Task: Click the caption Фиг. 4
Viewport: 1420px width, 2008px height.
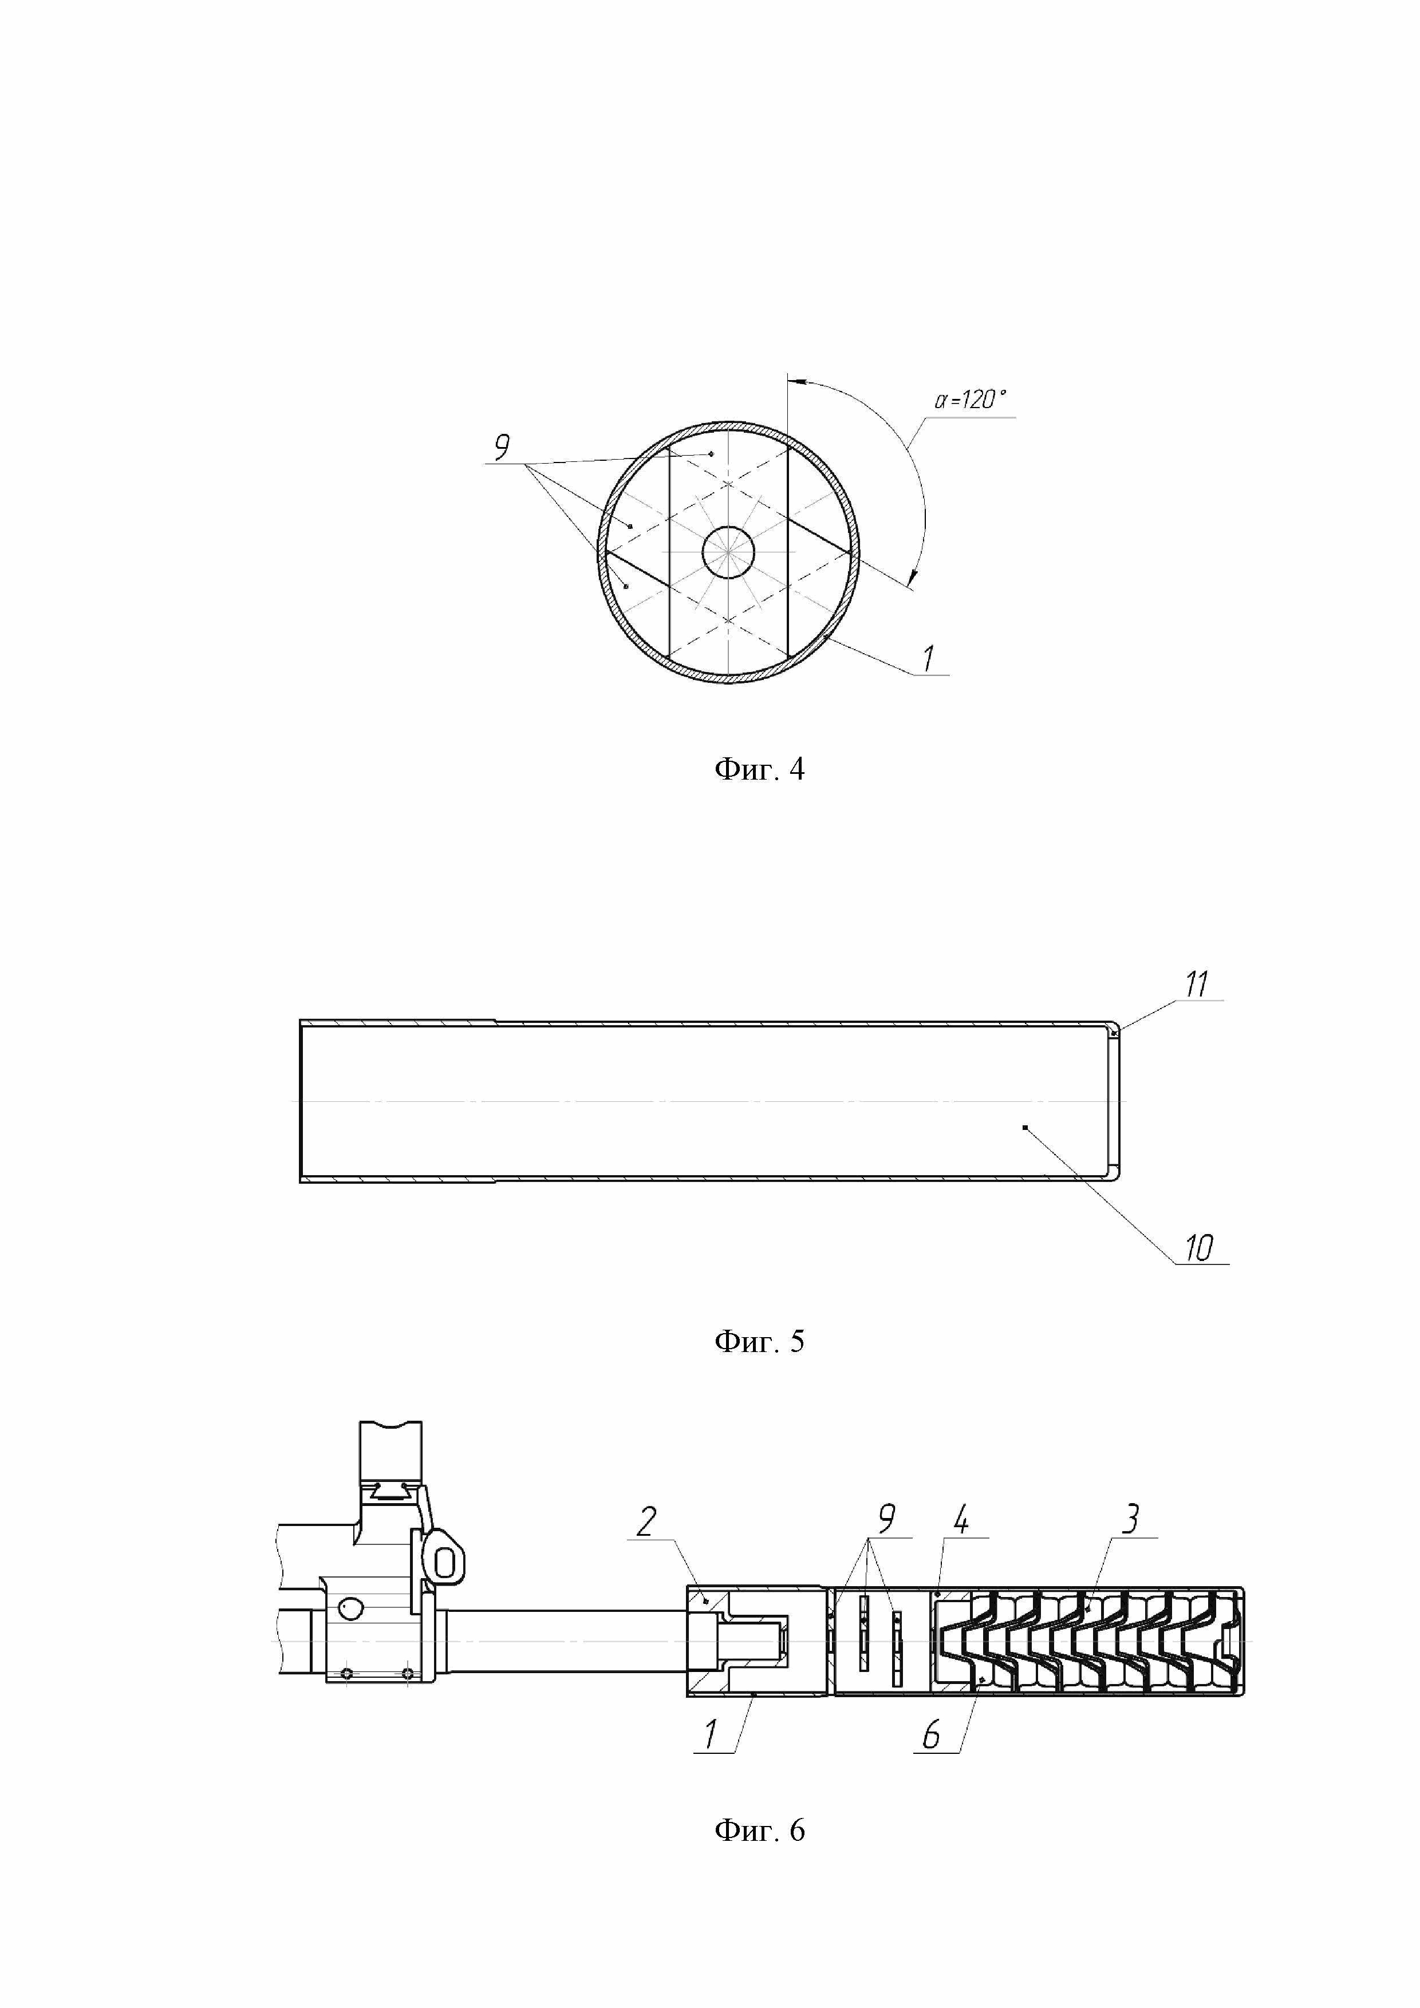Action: coord(759,770)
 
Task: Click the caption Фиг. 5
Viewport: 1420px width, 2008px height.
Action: coord(759,1341)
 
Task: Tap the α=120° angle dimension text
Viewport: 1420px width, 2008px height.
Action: coord(971,401)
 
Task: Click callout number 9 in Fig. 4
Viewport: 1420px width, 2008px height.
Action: coord(502,447)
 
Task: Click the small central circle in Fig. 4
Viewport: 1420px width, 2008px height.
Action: coord(728,552)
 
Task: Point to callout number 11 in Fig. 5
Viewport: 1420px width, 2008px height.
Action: coord(1196,984)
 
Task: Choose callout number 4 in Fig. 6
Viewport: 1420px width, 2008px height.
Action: coord(961,1520)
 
